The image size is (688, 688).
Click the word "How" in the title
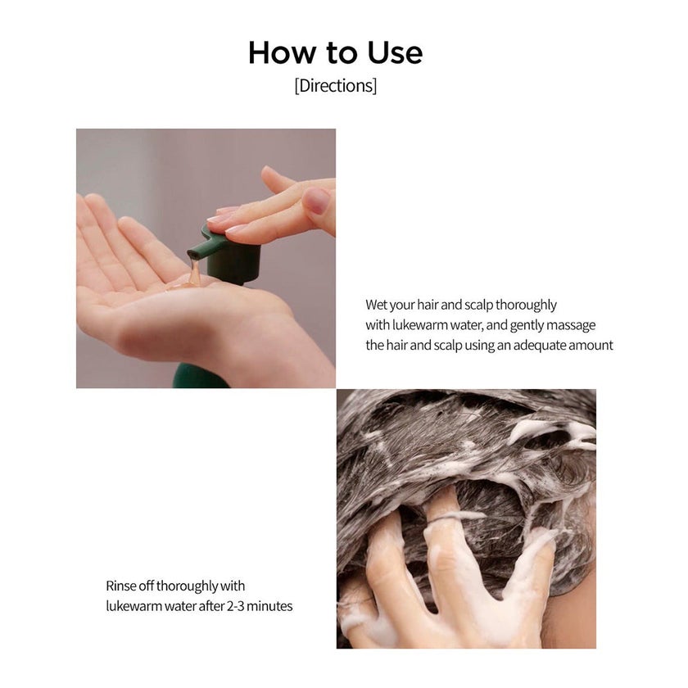coord(282,52)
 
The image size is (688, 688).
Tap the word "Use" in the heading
coord(395,52)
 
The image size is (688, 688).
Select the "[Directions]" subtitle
coord(336,85)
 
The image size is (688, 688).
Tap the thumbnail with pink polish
coord(315,201)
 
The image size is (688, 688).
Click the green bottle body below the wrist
coord(200,377)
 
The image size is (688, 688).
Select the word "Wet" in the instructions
coord(377,305)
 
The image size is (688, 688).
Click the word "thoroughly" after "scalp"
coord(526,305)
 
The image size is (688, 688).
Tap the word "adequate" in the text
coord(540,346)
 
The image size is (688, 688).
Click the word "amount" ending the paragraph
coord(591,346)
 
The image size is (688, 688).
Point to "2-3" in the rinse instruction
coord(235,606)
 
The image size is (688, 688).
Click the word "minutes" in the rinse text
coord(269,606)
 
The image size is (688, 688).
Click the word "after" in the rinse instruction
coord(211,606)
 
